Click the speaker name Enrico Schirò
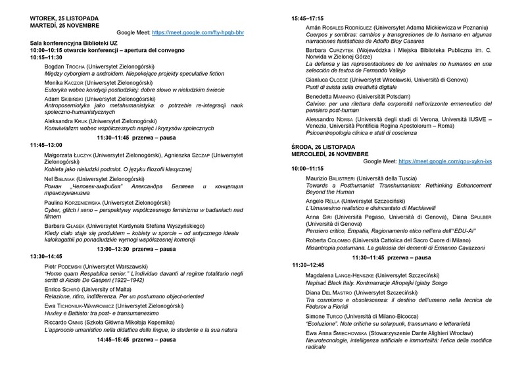51,288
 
